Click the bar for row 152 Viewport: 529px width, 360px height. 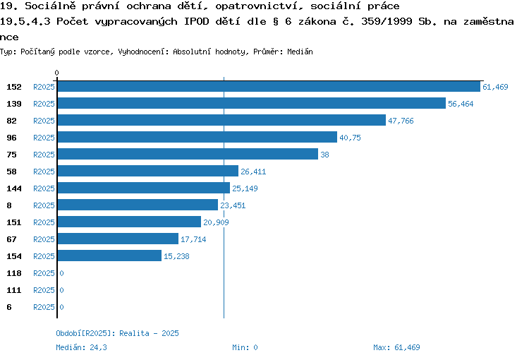pyautogui.click(x=269, y=86)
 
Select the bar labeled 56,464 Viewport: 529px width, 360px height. pyautogui.click(x=251, y=103)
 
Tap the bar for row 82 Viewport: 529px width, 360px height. pyautogui.click(x=221, y=120)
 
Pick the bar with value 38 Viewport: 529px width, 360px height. pyautogui.click(x=188, y=154)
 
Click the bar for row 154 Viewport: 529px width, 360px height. pyautogui.click(x=109, y=256)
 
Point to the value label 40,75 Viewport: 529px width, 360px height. pyautogui.click(x=350, y=138)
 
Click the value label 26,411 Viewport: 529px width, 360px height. pyautogui.click(x=253, y=172)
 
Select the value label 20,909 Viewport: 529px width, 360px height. pyautogui.click(x=216, y=222)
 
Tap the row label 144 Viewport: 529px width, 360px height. pyautogui.click(x=14, y=188)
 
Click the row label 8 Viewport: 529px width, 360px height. pyautogui.click(x=9, y=205)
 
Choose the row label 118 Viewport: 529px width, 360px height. pyautogui.click(x=14, y=273)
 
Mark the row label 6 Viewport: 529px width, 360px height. pyautogui.click(x=9, y=307)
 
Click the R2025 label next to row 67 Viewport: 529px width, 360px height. pyautogui.click(x=44, y=239)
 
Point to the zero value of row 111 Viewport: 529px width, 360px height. pyautogui.click(x=61, y=290)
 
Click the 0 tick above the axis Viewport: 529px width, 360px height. pyautogui.click(x=56, y=73)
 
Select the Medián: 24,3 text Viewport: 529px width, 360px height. pyautogui.click(x=81, y=347)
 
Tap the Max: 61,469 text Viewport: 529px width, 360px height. pyautogui.click(x=396, y=347)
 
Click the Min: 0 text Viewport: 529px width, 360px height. pyautogui.click(x=245, y=347)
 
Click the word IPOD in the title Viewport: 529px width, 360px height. pyautogui.click(x=196, y=21)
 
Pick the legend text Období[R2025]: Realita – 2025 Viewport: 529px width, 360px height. pyautogui.click(x=117, y=333)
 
